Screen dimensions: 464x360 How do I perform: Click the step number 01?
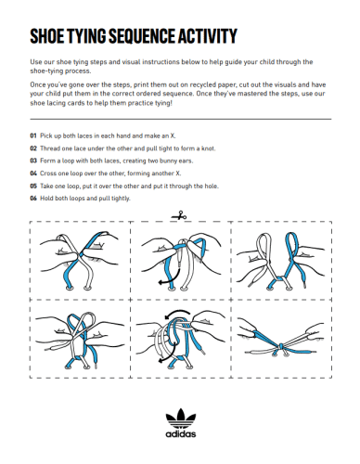(33, 135)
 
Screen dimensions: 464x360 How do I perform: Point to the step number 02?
(33, 147)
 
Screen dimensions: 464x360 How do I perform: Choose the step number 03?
(33, 160)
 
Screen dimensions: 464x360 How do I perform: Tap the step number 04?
(33, 173)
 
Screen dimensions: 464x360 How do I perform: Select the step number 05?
(33, 186)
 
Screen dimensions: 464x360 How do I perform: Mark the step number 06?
(33, 199)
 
